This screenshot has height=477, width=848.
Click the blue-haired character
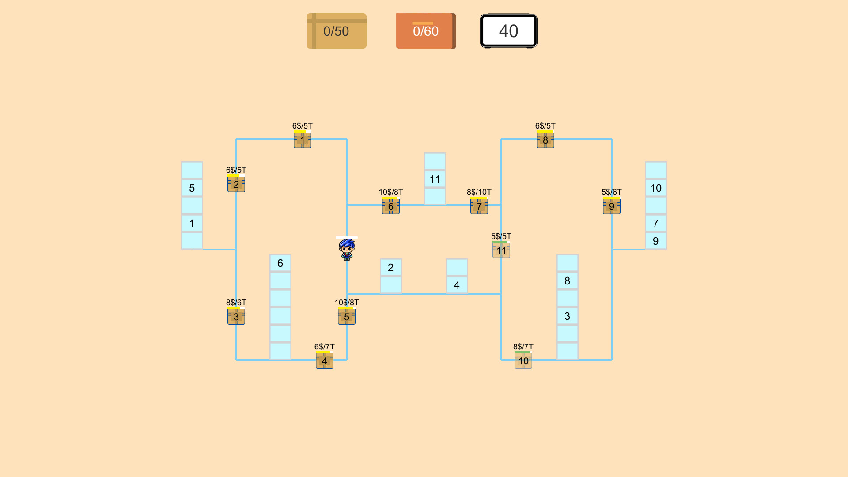tap(347, 249)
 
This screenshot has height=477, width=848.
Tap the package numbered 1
tap(303, 140)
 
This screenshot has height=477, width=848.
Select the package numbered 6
tap(391, 206)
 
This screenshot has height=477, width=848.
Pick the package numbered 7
tap(479, 206)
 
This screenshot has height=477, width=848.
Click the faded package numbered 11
tap(501, 250)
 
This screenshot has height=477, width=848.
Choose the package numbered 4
tap(325, 361)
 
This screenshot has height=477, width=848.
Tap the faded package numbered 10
tap(523, 361)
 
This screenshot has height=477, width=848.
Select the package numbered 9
tap(612, 206)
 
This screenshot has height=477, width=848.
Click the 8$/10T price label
tap(479, 192)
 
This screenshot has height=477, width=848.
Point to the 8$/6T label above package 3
tap(236, 303)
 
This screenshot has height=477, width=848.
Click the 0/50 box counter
tap(337, 31)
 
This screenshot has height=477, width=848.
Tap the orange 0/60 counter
tap(426, 31)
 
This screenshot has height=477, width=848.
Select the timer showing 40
tap(508, 31)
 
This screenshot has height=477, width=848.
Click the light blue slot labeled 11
tap(435, 179)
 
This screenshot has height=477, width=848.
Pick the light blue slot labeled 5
tap(192, 188)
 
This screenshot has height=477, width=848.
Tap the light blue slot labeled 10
tap(656, 188)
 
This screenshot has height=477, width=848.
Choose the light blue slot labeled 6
tap(280, 263)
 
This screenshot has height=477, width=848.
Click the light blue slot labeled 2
tap(391, 267)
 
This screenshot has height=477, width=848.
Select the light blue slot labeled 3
tap(568, 316)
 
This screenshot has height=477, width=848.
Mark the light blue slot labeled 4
tap(457, 285)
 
